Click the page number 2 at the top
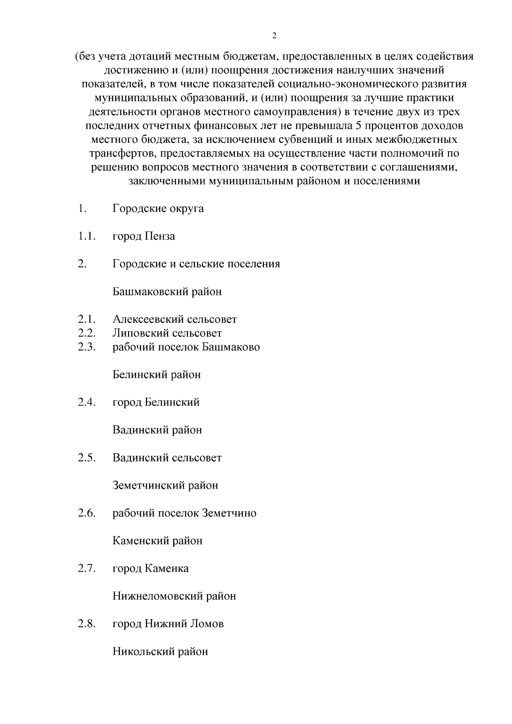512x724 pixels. tap(274, 36)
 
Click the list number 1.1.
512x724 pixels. tap(86, 236)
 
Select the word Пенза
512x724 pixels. tap(160, 236)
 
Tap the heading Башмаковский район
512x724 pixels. tap(167, 292)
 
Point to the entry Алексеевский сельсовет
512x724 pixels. tap(175, 319)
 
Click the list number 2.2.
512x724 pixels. tap(86, 333)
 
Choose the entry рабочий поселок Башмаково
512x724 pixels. tap(186, 347)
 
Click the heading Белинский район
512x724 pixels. tap(157, 375)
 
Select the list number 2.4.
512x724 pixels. tap(86, 402)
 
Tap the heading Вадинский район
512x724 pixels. tap(157, 430)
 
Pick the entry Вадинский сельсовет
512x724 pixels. tap(167, 458)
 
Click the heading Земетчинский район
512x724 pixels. tap(165, 485)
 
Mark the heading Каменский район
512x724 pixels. tap(157, 541)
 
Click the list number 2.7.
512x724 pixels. tap(86, 568)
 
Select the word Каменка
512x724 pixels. tap(167, 568)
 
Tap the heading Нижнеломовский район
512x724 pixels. tap(174, 596)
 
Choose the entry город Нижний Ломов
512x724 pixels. tap(168, 624)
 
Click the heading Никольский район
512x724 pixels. tap(160, 652)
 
